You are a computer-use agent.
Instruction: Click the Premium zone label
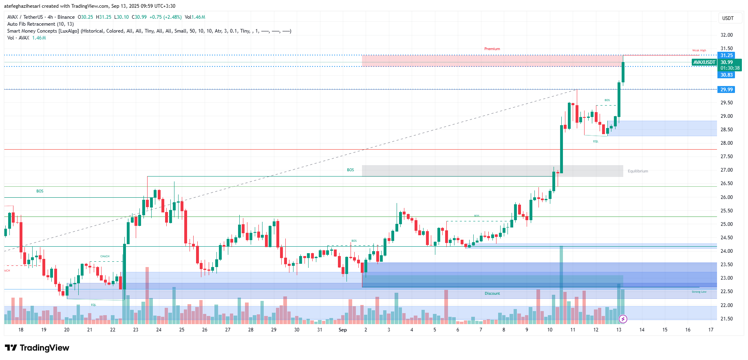point(492,49)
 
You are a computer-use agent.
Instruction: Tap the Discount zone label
point(492,294)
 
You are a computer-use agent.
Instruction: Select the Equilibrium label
point(638,171)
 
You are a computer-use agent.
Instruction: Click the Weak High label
point(699,51)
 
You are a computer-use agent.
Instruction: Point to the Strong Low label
point(699,292)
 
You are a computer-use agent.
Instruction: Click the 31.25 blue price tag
point(726,55)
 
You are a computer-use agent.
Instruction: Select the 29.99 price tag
point(726,90)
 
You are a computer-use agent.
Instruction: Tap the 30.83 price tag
point(726,75)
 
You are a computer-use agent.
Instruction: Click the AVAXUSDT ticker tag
point(704,62)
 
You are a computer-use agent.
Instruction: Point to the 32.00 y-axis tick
point(726,35)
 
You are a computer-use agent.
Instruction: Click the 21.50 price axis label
point(726,319)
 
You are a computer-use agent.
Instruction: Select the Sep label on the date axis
point(342,330)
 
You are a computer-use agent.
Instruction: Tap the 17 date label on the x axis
point(711,330)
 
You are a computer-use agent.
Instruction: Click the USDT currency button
point(728,18)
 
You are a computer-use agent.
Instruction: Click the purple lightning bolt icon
point(623,319)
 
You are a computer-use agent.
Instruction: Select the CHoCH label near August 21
point(105,256)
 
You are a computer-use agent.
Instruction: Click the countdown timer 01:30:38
point(730,68)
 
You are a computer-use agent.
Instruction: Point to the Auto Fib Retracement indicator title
point(40,24)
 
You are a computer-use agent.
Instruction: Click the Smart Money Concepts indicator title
point(43,31)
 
